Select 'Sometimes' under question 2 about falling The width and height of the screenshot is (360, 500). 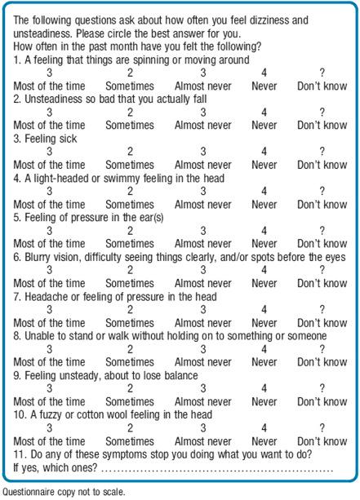click(x=129, y=126)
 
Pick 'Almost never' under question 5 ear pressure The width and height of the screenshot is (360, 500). click(x=202, y=244)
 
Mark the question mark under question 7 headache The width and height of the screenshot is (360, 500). click(x=322, y=310)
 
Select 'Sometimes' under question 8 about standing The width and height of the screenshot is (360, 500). click(x=129, y=362)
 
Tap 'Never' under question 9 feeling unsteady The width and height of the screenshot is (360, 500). click(x=264, y=401)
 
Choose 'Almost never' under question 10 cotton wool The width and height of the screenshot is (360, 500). click(x=202, y=441)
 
